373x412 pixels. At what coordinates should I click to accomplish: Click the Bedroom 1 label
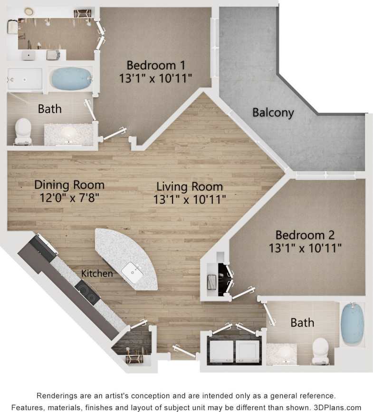coord(155,65)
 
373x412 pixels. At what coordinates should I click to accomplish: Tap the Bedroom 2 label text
coord(305,235)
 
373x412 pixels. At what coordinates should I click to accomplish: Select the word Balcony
coord(273,113)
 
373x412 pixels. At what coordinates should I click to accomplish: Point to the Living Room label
coord(190,186)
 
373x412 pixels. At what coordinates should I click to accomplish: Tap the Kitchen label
coord(97,274)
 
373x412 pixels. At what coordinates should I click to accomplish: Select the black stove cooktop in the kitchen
coord(88,292)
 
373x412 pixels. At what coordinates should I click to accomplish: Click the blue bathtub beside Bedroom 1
coord(71,78)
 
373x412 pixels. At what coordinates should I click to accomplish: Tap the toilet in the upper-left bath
coord(23,131)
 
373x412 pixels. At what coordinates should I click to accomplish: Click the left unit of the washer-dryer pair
coord(220,352)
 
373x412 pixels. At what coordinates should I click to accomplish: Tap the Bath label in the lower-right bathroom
coord(302,323)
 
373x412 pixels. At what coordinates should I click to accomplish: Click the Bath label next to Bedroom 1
coord(49,109)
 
